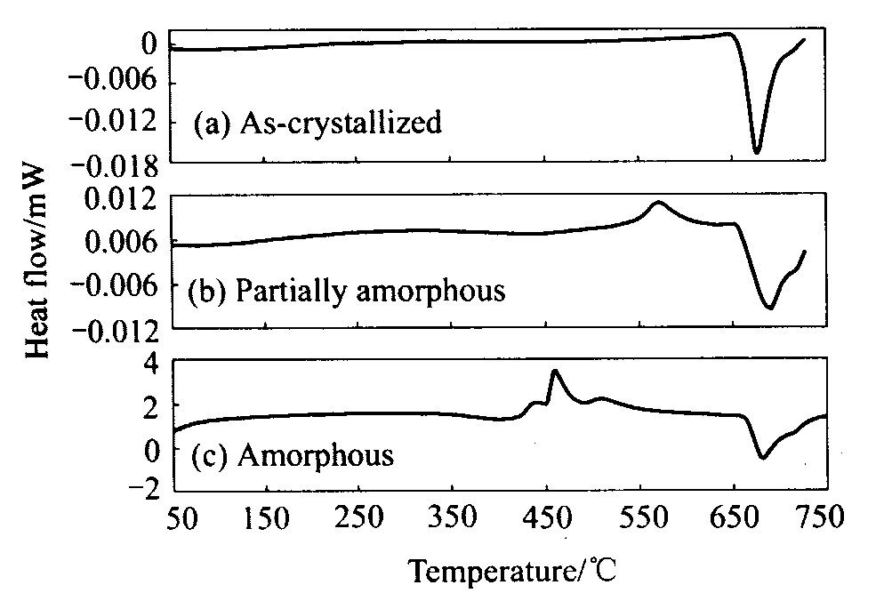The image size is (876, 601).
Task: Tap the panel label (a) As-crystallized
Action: [317, 123]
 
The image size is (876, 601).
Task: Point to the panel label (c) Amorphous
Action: [293, 457]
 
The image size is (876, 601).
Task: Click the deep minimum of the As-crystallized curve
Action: [757, 153]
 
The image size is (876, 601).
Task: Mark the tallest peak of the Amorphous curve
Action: [555, 371]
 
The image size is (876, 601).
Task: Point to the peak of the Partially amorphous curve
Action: [658, 202]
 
